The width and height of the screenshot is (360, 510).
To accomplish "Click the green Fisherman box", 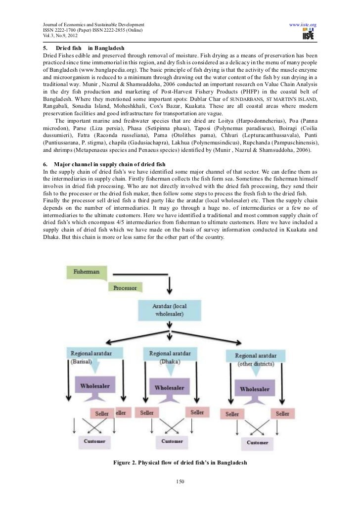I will tap(86, 272).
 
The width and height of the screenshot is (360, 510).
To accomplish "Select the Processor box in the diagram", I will tap(125, 287).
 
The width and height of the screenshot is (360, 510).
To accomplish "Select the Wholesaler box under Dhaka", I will tap(169, 388).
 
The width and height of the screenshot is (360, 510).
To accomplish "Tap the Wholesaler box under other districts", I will tap(255, 389).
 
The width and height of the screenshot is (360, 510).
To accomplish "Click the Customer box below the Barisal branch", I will tap(94, 440).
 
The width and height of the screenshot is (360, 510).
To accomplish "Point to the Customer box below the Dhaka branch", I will tap(172, 441).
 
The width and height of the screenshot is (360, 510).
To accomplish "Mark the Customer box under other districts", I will tap(258, 442).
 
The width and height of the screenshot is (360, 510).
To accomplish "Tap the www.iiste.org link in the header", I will tap(303, 24).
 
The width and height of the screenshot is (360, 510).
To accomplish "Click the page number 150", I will tap(180, 482).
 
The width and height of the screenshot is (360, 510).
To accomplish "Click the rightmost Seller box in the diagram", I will tap(282, 414).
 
